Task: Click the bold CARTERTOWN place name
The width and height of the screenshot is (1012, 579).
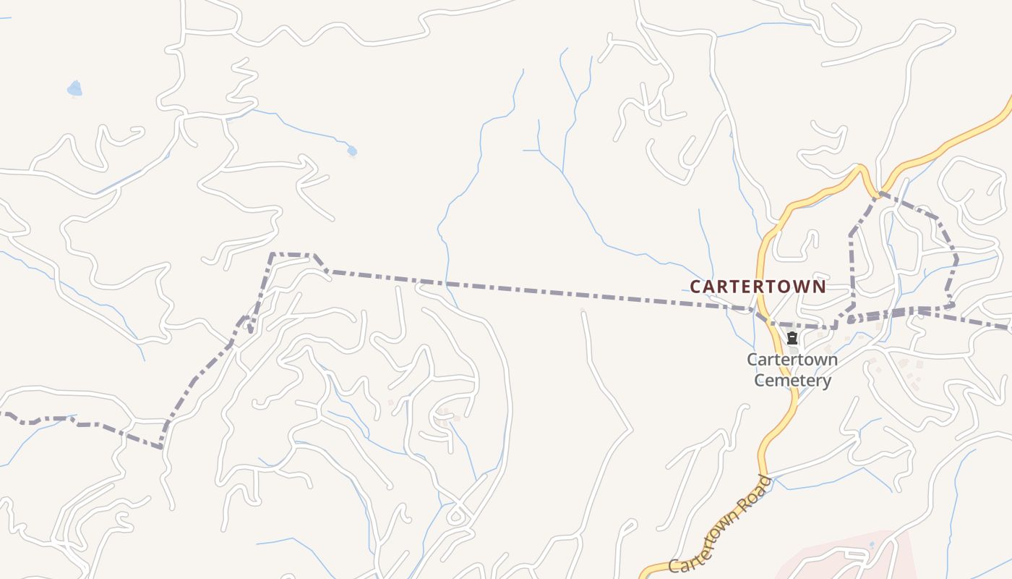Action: coord(758,287)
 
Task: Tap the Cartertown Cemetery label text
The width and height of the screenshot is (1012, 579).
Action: coord(792,370)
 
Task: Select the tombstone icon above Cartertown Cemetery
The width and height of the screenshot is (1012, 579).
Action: coord(792,338)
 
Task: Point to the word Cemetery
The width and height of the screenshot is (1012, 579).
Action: coord(792,381)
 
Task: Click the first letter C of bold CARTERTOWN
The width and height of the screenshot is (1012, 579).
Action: coord(695,287)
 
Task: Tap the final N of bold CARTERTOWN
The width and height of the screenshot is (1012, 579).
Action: coord(820,287)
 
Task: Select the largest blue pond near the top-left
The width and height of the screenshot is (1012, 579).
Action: coord(74,89)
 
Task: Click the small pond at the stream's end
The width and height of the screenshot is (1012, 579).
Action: coord(352,151)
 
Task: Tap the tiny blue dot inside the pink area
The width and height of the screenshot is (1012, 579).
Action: coord(872,544)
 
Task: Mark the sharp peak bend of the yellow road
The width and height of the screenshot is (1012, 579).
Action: coord(861,168)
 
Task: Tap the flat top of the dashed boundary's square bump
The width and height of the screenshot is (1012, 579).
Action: coord(291,255)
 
